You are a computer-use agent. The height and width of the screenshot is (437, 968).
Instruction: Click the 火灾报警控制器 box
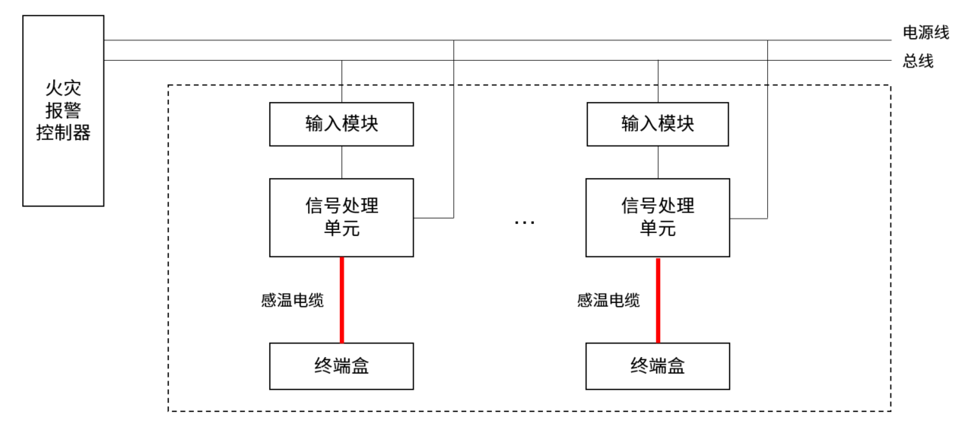pos(63,110)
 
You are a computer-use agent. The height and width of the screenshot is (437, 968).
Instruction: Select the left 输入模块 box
pos(341,123)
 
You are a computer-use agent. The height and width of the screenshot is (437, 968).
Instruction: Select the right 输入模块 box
pos(657,123)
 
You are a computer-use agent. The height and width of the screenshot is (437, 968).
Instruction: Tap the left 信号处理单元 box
pos(341,217)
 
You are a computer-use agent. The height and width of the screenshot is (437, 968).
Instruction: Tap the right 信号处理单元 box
pos(657,217)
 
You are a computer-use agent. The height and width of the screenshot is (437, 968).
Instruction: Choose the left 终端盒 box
pos(341,366)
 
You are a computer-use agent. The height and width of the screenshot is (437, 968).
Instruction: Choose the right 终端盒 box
pos(657,366)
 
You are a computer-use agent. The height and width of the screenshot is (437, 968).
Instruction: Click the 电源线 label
pos(925,32)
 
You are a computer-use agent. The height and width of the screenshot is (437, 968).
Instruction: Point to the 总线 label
pos(918,62)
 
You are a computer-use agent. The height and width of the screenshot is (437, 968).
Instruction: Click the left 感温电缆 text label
pos(293,300)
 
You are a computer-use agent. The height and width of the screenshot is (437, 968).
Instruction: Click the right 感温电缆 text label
pos(608,300)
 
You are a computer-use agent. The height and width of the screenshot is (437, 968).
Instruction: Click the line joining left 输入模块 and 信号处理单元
pos(341,162)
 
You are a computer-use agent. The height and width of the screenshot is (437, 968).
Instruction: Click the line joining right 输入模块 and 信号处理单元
pos(658,162)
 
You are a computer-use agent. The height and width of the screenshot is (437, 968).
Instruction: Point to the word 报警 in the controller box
pos(63,112)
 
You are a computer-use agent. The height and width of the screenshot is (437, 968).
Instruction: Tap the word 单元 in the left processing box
pos(341,228)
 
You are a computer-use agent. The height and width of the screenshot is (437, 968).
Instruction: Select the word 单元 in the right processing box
pos(657,228)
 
